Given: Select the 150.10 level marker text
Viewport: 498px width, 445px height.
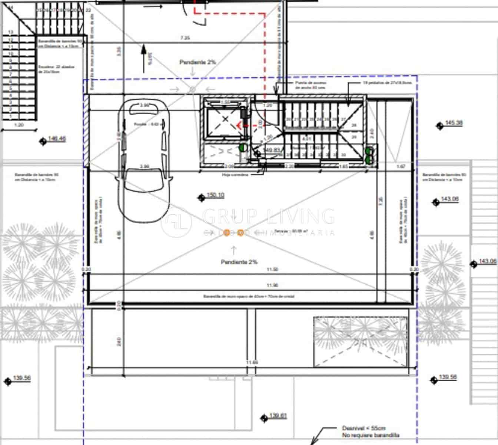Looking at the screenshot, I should click(215, 195).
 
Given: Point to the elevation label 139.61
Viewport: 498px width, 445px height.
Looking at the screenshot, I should click(278, 416).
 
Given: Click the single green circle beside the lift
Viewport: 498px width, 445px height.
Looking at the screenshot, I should click(243, 147).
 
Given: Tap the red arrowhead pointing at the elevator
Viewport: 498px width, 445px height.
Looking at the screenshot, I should click(239, 125).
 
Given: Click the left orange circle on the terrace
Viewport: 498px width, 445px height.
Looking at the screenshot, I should click(227, 233).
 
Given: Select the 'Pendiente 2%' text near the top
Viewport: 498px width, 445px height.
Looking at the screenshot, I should click(197, 62).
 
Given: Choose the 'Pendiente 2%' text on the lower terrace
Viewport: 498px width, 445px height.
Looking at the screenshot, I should click(239, 262).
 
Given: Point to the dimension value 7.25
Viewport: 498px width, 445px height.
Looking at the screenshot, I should click(185, 38).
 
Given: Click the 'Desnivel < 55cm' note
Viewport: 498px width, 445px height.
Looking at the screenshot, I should click(363, 428).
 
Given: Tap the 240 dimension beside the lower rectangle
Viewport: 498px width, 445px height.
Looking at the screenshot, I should click(119, 342).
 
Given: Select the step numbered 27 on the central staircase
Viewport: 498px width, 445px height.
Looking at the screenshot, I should click(343, 119).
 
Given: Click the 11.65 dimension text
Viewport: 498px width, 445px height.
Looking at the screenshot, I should click(253, 362).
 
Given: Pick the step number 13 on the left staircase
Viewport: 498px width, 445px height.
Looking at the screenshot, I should click(11, 33).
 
